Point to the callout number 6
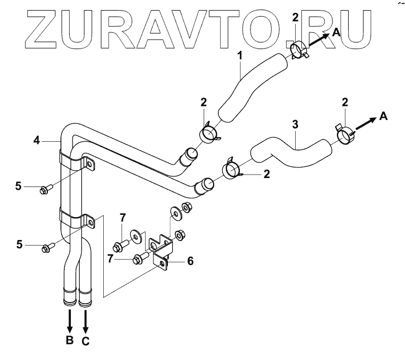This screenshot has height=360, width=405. (x=190, y=261)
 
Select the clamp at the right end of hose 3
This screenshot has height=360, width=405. (x=344, y=135)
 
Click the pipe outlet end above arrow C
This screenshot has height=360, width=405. (x=85, y=297)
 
